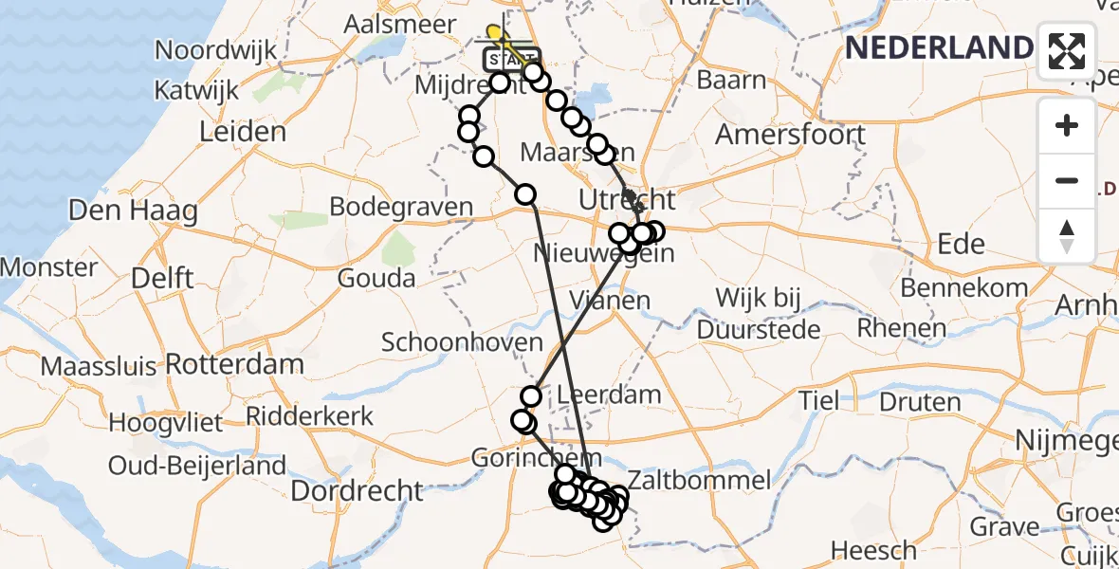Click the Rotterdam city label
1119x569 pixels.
point(234,364)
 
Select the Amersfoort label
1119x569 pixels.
point(790,134)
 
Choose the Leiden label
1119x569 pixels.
point(243,132)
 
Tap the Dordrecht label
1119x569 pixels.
point(357,490)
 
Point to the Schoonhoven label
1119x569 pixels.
point(462,342)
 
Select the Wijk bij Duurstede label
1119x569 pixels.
point(759,314)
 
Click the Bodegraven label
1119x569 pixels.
point(401,207)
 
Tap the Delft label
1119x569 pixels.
point(162,279)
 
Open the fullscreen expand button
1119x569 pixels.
point(1067,50)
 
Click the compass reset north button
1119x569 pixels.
point(1067,236)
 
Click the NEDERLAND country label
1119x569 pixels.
point(938,47)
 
